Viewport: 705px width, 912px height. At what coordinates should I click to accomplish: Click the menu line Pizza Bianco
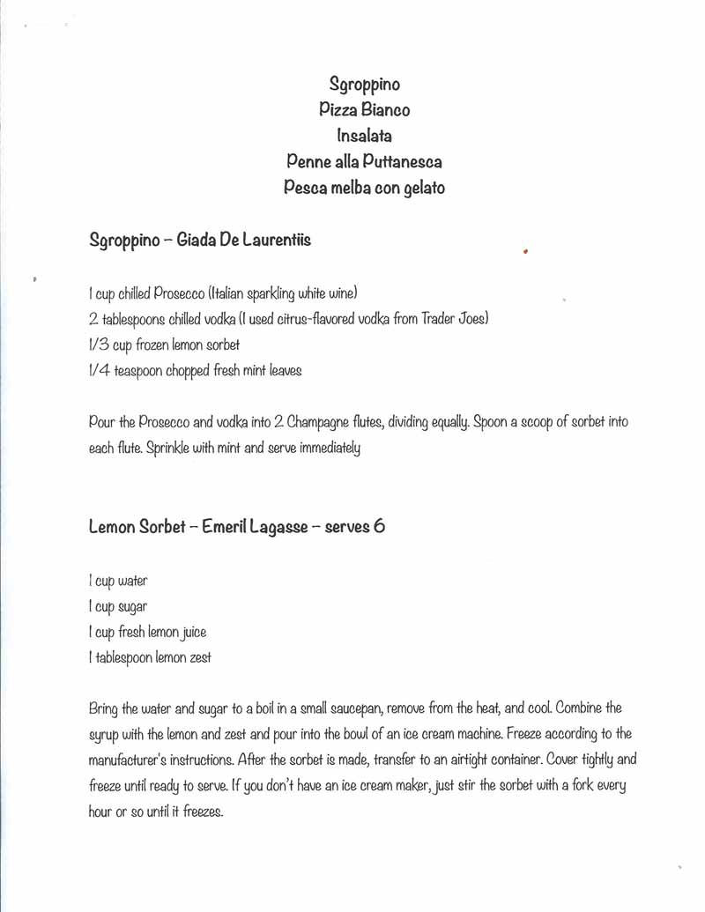(x=364, y=110)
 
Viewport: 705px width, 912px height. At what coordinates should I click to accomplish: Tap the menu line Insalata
(x=364, y=136)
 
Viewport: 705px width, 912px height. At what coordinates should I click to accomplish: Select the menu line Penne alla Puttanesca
(x=364, y=162)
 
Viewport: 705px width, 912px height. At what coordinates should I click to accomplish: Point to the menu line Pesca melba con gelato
(x=364, y=188)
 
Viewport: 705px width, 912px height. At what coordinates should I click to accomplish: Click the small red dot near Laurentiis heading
(x=525, y=251)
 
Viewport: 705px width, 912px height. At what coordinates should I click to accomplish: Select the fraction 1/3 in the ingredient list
(x=100, y=345)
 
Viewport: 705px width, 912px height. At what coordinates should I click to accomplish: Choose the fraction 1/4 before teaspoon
(x=100, y=371)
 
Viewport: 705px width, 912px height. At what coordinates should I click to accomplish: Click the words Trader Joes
(x=452, y=319)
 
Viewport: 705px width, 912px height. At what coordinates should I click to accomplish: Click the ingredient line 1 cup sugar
(x=118, y=607)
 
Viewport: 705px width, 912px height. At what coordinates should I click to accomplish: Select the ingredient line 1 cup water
(x=118, y=582)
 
